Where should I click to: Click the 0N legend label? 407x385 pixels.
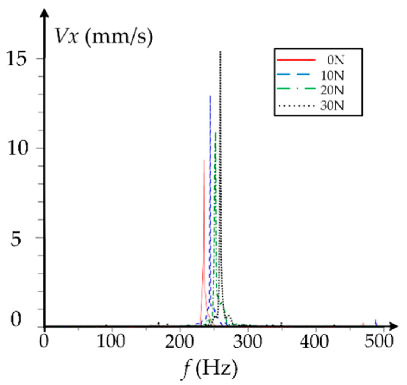point(335,60)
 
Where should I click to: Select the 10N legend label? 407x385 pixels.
point(332,75)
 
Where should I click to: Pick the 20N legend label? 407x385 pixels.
point(332,90)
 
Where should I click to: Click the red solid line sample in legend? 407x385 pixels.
point(296,60)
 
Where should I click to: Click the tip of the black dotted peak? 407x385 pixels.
point(220,52)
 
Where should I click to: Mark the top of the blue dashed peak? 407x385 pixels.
point(210,96)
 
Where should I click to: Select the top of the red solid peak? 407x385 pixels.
point(204,160)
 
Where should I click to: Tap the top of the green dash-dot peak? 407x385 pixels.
point(215,132)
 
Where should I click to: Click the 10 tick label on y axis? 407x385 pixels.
point(17,149)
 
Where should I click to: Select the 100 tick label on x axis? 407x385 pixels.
point(111,342)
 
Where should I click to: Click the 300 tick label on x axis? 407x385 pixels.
point(247,342)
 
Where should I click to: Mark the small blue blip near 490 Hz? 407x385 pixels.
point(376,322)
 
